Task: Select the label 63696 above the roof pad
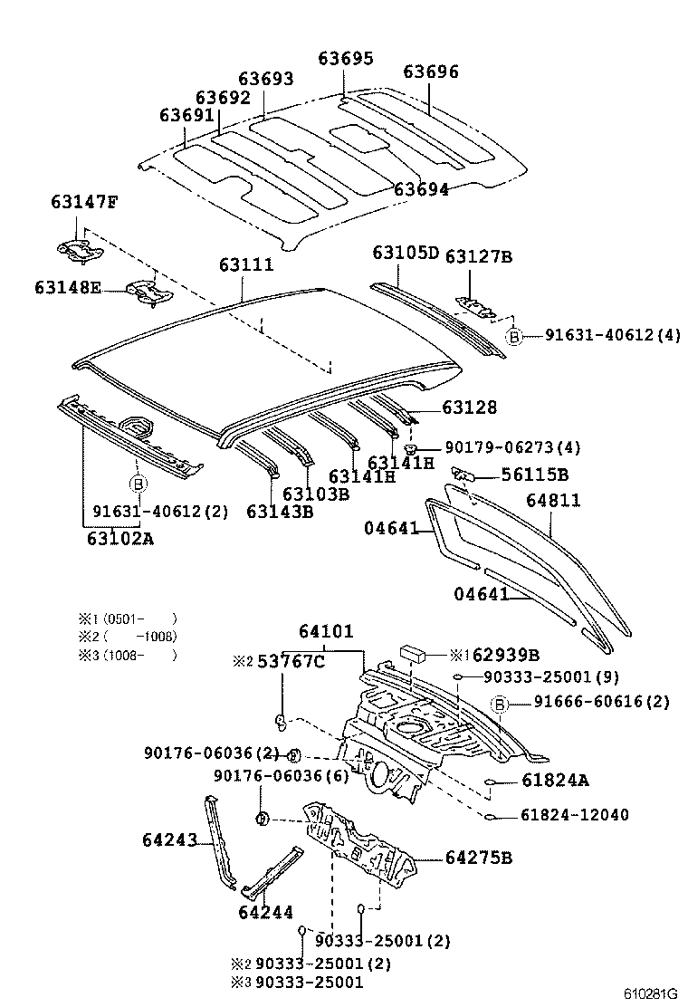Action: coord(431,72)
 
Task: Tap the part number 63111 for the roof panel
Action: coord(245,264)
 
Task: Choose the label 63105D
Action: coord(405,253)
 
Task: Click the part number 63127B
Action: coord(478,256)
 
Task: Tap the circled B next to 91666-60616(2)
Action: coord(498,703)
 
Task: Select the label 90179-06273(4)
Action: coord(511,447)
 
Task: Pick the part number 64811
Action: coord(553,500)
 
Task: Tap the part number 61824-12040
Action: coord(574,815)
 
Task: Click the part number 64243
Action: coord(169,839)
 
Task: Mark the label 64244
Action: coord(266,912)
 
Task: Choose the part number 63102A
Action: coord(120,539)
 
